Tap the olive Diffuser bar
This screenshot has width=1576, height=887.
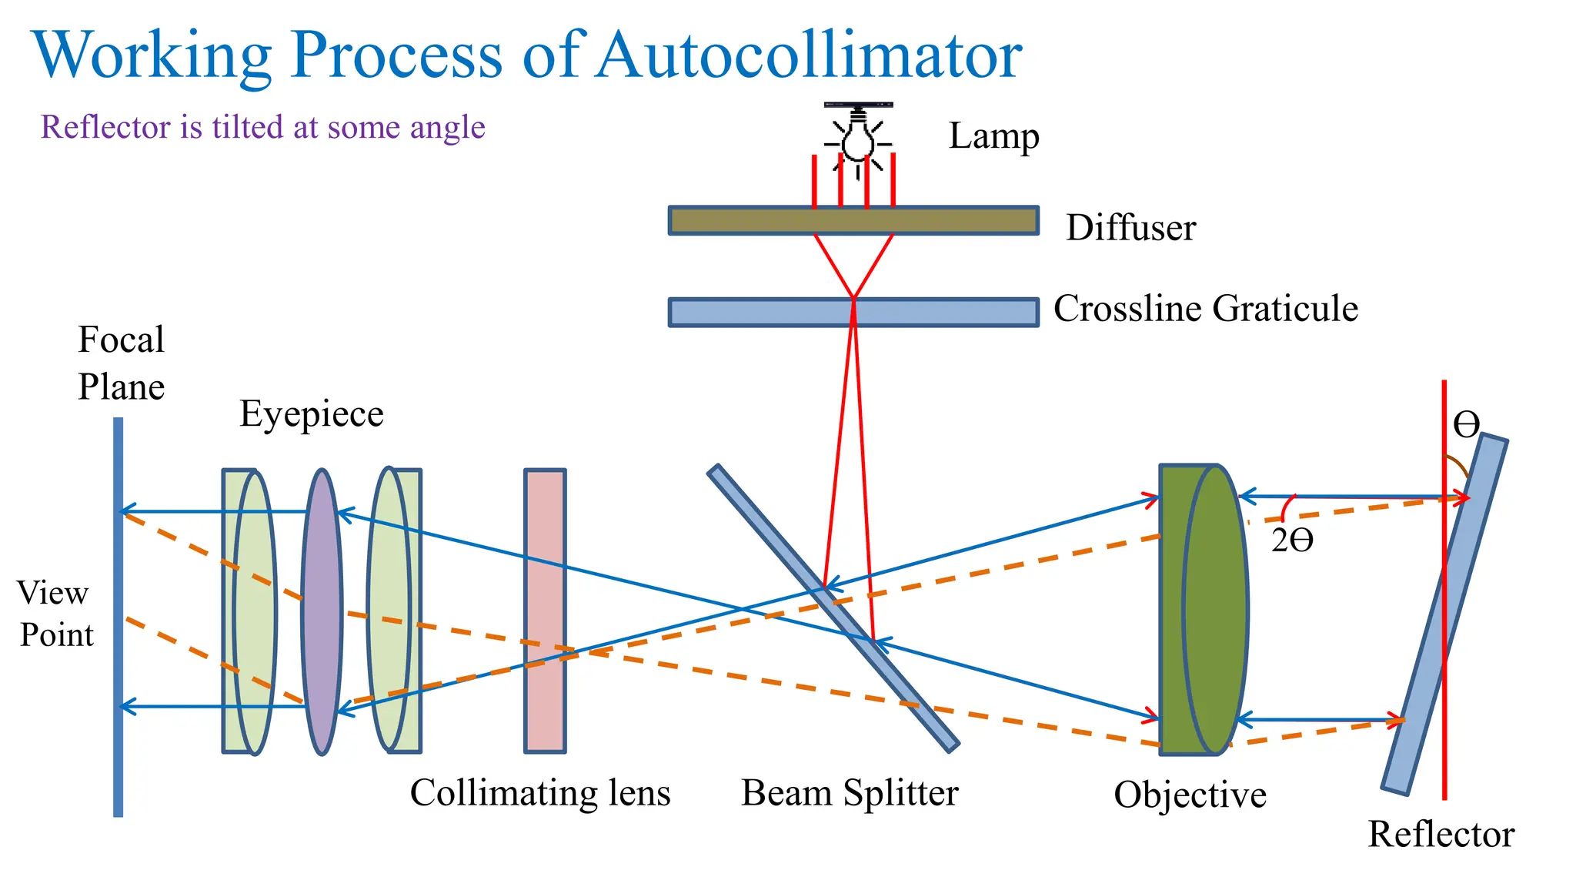[x=853, y=221]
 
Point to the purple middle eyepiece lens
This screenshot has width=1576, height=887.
[x=322, y=612]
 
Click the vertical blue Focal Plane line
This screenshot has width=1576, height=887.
[x=118, y=616]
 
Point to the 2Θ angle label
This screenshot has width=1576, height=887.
[x=1292, y=541]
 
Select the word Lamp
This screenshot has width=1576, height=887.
[x=993, y=136]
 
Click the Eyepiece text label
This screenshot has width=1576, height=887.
[x=311, y=414]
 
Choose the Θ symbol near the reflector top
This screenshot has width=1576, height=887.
[x=1466, y=424]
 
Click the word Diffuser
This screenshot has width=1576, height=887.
[x=1130, y=228]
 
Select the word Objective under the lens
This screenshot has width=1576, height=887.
[x=1190, y=795]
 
